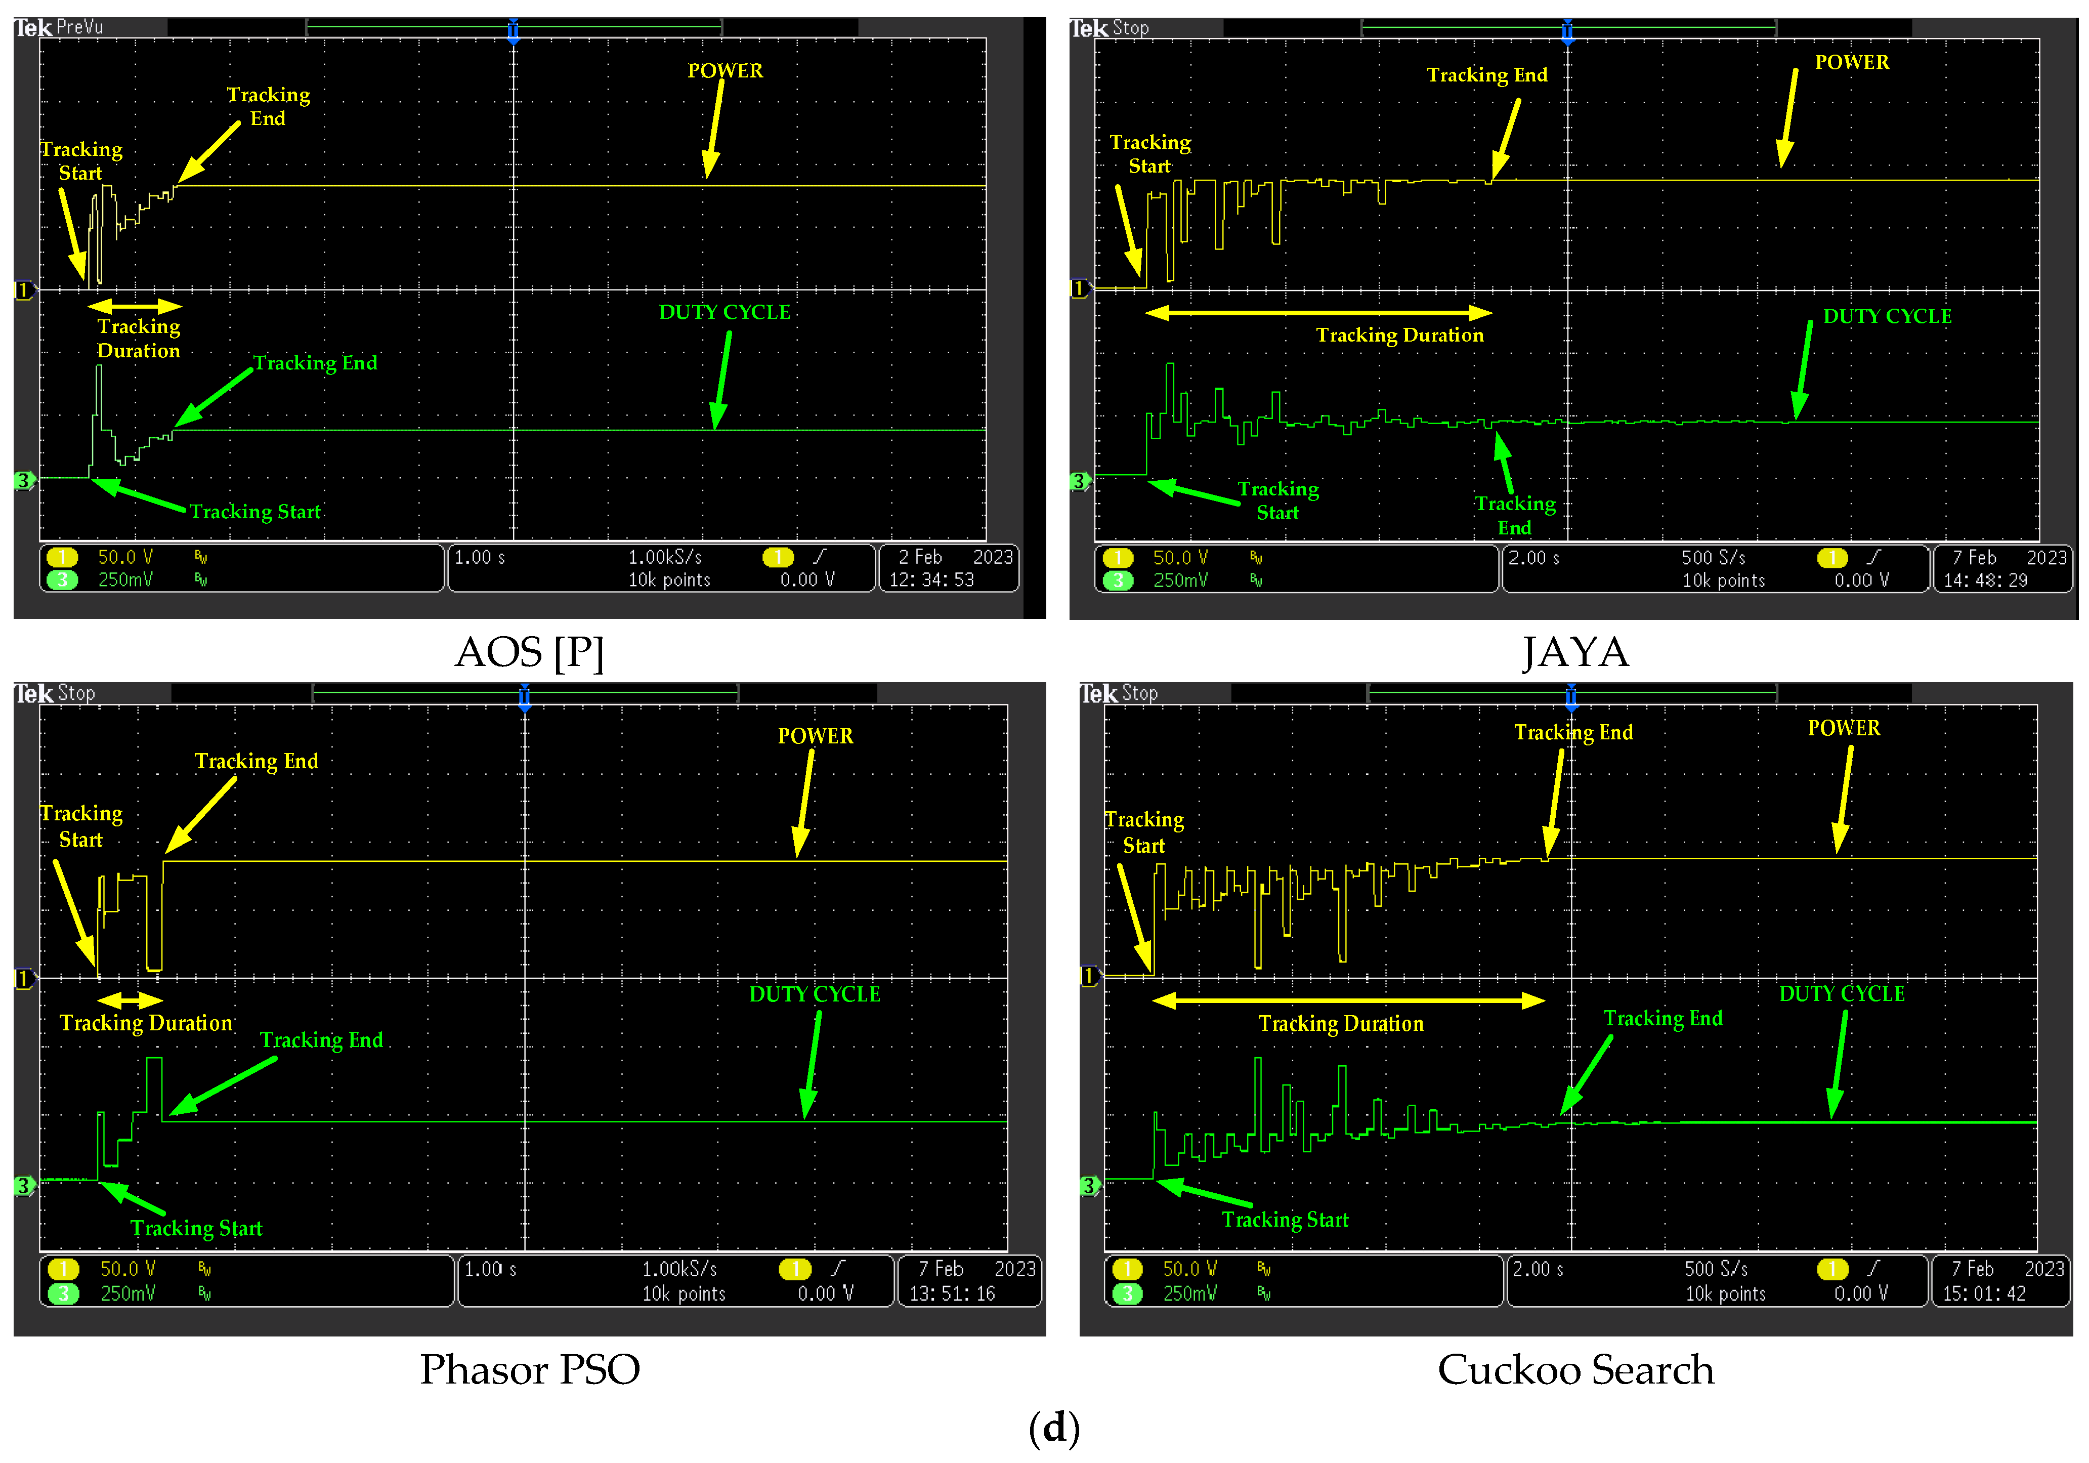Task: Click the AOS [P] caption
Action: pyautogui.click(x=530, y=652)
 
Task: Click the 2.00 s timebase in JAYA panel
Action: pyautogui.click(x=1534, y=558)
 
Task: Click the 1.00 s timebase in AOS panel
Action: pyautogui.click(x=480, y=557)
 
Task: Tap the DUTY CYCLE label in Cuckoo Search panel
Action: pyautogui.click(x=1842, y=993)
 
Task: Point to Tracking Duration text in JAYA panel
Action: pyautogui.click(x=1399, y=335)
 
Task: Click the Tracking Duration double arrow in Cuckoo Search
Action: pyautogui.click(x=1348, y=1001)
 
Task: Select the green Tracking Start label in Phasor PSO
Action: pyautogui.click(x=196, y=1228)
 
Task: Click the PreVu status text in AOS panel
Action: pyautogui.click(x=80, y=27)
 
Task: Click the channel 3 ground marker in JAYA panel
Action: pyautogui.click(x=1079, y=481)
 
